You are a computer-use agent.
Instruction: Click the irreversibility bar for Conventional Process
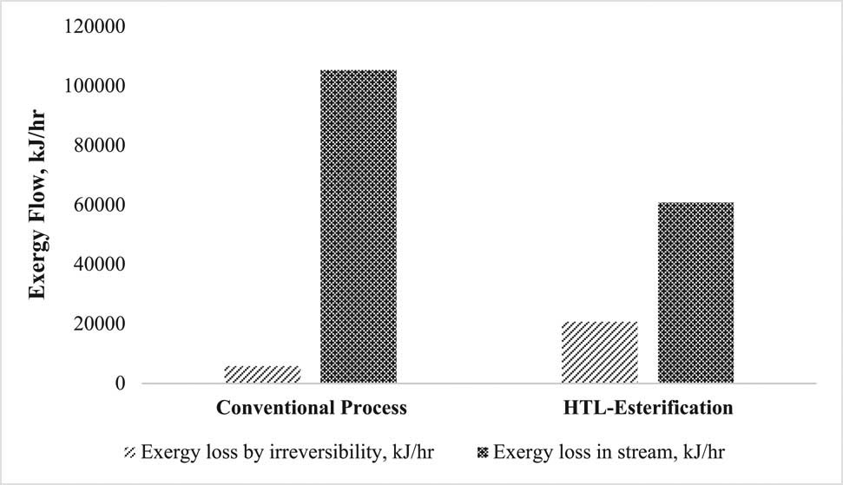tap(262, 374)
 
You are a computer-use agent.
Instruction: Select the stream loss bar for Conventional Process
tap(359, 226)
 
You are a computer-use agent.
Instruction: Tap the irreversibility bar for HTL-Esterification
tap(600, 352)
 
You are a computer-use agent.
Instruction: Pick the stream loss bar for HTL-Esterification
tap(695, 292)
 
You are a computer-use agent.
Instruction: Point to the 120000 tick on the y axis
tap(95, 27)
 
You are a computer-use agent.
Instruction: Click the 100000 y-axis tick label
tap(95, 87)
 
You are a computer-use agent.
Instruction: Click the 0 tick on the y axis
tap(121, 383)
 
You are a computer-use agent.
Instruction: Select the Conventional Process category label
tap(312, 407)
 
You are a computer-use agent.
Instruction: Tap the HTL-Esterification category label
tap(648, 407)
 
